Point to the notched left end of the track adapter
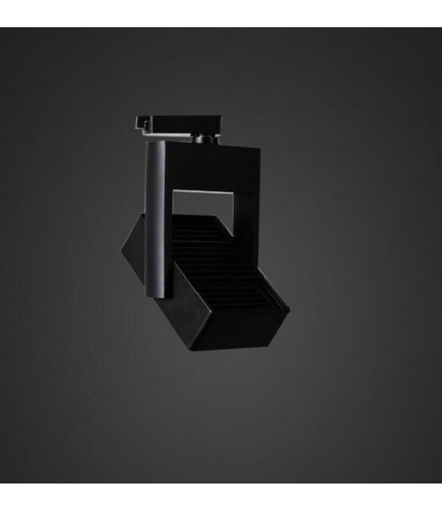coord(141,123)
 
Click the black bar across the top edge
coord(221,13)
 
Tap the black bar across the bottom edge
coord(221,496)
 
